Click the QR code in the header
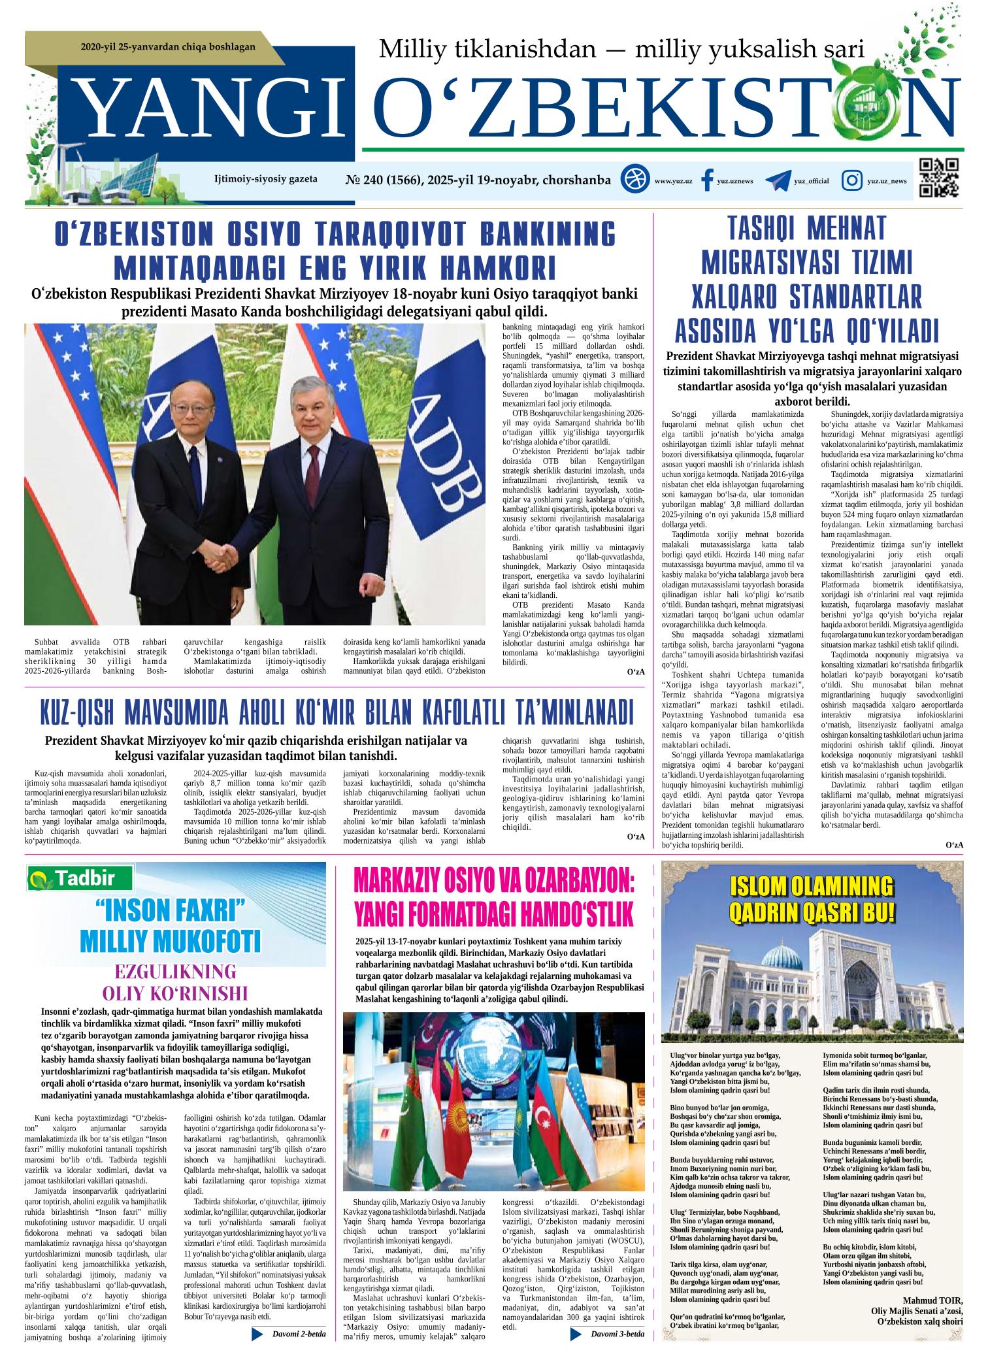click(938, 178)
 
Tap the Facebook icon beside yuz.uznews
click(705, 180)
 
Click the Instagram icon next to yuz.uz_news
click(851, 180)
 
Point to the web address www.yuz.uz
click(673, 181)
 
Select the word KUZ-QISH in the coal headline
click(78, 714)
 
